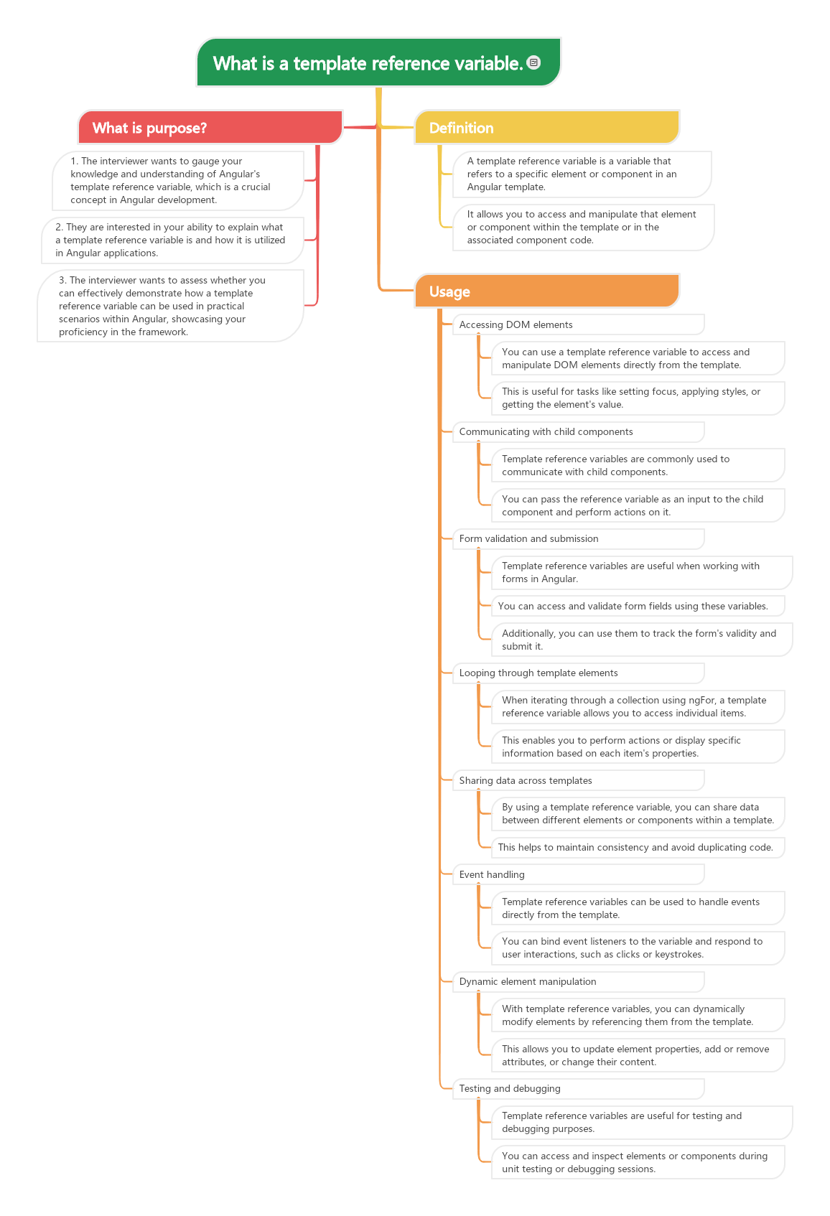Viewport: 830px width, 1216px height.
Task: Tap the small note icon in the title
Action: pyautogui.click(x=533, y=62)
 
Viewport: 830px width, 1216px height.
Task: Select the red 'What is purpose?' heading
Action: pyautogui.click(x=210, y=128)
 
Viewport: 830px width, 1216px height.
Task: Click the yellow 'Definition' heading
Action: pyautogui.click(x=546, y=128)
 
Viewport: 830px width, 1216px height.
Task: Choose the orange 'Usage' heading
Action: pyautogui.click(x=546, y=291)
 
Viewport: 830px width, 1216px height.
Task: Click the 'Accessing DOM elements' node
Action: pyautogui.click(x=577, y=324)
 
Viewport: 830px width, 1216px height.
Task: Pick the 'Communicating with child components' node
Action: pyautogui.click(x=577, y=431)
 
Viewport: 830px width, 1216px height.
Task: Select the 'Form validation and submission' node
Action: pyautogui.click(x=577, y=538)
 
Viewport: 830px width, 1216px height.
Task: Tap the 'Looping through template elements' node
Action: pyautogui.click(x=577, y=673)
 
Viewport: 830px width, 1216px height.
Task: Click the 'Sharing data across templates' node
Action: pyautogui.click(x=577, y=780)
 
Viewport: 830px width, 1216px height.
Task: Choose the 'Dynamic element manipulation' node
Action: pyautogui.click(x=577, y=981)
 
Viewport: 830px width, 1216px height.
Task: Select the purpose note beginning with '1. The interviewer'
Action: pyautogui.click(x=177, y=180)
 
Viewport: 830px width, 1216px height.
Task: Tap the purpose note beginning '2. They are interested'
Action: pyautogui.click(x=172, y=240)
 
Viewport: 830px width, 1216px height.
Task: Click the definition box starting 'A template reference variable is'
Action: pyautogui.click(x=582, y=174)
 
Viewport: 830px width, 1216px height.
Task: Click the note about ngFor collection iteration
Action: pyautogui.click(x=638, y=706)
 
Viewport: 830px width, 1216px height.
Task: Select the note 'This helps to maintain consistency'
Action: pyautogui.click(x=638, y=847)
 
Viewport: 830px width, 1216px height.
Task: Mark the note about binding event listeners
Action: pyautogui.click(x=638, y=948)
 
